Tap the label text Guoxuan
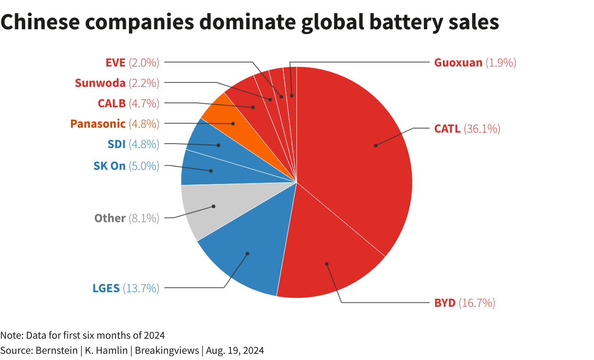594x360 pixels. point(458,63)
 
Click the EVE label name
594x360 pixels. point(115,63)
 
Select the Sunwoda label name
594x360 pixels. point(100,83)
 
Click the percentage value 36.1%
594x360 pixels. point(482,129)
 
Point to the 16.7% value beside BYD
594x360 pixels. point(477,303)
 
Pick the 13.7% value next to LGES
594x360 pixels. point(141,288)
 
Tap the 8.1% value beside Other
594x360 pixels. point(144,218)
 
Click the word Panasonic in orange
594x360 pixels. point(98,124)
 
